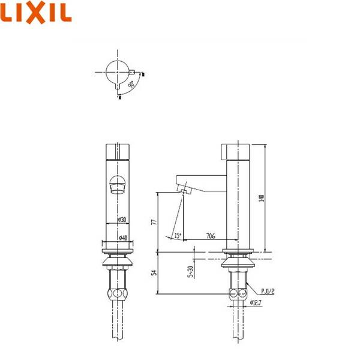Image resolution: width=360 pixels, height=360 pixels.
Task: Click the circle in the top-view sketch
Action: pos(118,72)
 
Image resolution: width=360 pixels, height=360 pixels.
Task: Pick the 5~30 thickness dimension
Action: pos(190,271)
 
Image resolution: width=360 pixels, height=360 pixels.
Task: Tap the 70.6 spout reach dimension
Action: pos(211,236)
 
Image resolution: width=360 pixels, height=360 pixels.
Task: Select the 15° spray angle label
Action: pos(178,235)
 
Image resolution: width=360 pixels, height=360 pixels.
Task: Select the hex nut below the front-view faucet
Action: pos(118,294)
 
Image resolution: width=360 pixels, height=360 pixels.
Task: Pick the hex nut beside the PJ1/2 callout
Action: pos(238,294)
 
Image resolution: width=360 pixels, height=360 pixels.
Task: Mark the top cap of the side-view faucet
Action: pos(238,150)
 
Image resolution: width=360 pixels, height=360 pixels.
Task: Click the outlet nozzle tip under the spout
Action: pos(182,191)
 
